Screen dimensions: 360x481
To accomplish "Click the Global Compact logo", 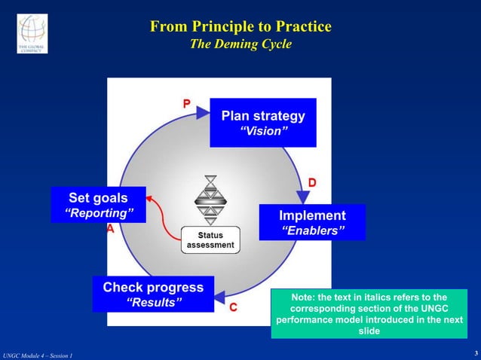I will coord(32,33).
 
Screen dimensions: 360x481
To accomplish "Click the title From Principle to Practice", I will coord(240,27).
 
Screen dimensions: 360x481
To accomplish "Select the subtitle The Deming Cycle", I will coord(240,44).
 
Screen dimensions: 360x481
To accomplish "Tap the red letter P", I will coord(186,105).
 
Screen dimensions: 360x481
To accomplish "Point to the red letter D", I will coord(311,184).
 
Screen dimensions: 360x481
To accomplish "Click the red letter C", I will coord(234,307).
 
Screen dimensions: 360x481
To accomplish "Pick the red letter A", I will coord(111,229).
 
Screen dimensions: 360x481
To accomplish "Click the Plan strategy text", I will coord(263,116).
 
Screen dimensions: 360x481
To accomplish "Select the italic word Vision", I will coord(263,132).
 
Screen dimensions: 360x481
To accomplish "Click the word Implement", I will coord(312,215).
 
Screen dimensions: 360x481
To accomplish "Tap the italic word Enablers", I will coord(312,230).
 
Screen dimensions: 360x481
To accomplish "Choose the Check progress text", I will coord(153,287).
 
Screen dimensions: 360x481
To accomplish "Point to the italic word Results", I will coord(153,303).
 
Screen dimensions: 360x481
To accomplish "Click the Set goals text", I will coord(98,198).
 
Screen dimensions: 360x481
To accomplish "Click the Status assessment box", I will coord(210,240).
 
